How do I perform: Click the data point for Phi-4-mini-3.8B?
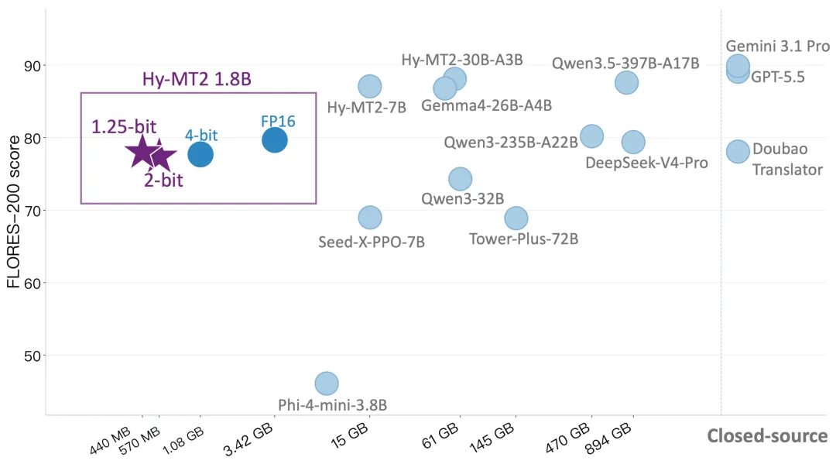click(x=327, y=383)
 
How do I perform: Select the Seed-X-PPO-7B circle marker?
click(x=370, y=218)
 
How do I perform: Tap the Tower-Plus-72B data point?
click(x=516, y=218)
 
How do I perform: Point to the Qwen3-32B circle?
click(x=460, y=179)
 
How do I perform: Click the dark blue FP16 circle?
click(x=275, y=140)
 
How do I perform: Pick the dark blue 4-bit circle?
click(x=200, y=155)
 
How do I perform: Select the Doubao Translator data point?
click(x=738, y=152)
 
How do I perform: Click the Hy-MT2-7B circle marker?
click(x=370, y=86)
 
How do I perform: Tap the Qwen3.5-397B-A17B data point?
click(x=626, y=83)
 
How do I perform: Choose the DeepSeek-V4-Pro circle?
click(x=633, y=142)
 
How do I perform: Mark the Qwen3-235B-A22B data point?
click(x=592, y=136)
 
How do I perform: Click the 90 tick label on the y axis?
click(x=33, y=66)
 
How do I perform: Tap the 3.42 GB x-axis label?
click(x=248, y=439)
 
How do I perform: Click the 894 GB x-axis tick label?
click(x=608, y=438)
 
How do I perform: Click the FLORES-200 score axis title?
click(x=13, y=211)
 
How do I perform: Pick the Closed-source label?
click(x=767, y=436)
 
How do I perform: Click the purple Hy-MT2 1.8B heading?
click(x=197, y=80)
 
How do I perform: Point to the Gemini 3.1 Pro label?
click(x=778, y=46)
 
